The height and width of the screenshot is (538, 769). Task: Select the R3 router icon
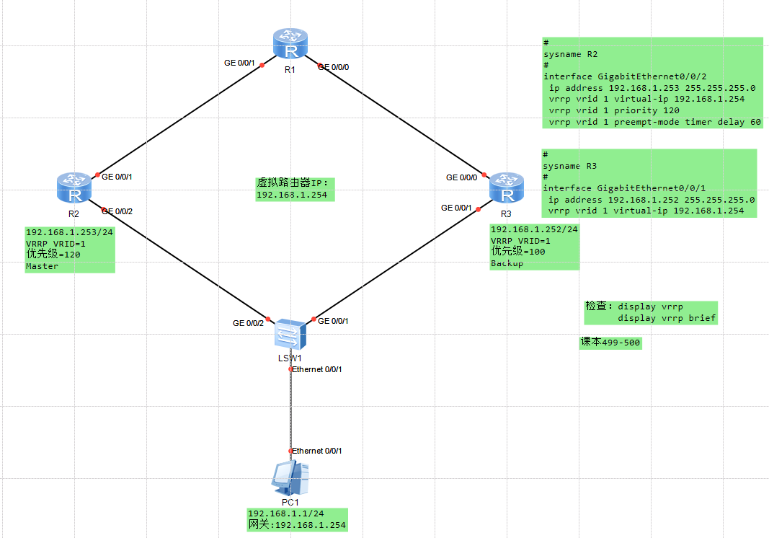(506, 190)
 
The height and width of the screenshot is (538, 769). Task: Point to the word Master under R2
(42, 266)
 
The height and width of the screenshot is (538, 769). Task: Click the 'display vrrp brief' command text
(667, 318)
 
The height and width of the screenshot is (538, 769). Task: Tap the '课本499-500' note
(610, 343)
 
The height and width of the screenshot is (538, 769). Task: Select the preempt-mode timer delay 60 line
(654, 122)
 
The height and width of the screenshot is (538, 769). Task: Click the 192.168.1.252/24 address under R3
(534, 229)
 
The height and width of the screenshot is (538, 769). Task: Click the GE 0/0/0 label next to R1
(338, 67)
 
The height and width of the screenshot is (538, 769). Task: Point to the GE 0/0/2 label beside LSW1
(248, 323)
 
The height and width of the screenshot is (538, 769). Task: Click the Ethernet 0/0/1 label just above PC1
(316, 451)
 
